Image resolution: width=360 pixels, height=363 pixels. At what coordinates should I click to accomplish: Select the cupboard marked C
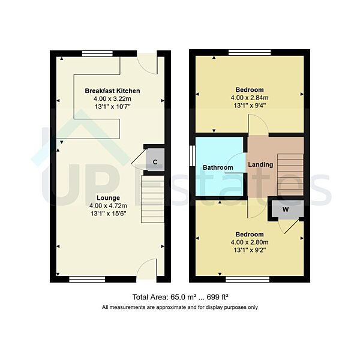(x=155, y=162)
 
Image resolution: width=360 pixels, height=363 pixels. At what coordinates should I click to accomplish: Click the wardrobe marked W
(x=286, y=209)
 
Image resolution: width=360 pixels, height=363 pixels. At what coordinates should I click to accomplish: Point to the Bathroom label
(x=217, y=167)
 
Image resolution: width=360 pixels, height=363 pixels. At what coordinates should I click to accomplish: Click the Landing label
(x=261, y=164)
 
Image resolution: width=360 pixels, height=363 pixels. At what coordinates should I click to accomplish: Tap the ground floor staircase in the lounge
(x=152, y=198)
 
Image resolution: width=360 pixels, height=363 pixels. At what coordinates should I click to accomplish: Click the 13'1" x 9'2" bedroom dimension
(x=249, y=250)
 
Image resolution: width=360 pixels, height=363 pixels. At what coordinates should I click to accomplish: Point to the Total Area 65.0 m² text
(x=180, y=297)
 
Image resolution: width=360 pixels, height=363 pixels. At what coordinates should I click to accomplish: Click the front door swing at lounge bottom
(x=148, y=270)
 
